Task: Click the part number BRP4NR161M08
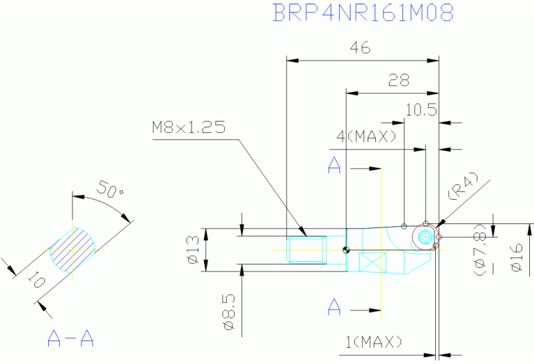point(363,13)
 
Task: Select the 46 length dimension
point(360,47)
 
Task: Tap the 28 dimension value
point(398,80)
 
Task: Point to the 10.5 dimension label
point(421,110)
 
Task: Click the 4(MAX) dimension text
point(367,136)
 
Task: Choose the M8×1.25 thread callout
point(189,127)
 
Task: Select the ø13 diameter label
point(193,250)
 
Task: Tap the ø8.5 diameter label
point(229,312)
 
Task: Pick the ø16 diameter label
point(517,257)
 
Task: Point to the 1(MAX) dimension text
point(374,342)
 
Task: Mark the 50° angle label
point(109,189)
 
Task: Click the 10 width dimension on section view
point(36,280)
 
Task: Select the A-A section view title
point(70,338)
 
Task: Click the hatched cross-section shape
point(72,251)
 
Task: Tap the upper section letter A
point(334,165)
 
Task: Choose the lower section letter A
point(334,307)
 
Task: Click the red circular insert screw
point(424,237)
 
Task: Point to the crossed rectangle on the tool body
point(373,262)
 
